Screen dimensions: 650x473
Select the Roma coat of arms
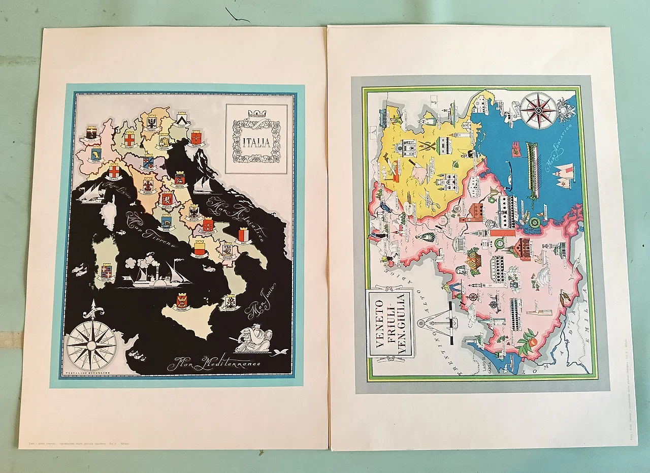pyautogui.click(x=166, y=222)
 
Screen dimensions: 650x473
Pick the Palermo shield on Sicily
pyautogui.click(x=182, y=301)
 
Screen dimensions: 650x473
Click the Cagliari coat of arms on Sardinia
pyautogui.click(x=107, y=270)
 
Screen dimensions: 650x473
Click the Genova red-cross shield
pyautogui.click(x=114, y=171)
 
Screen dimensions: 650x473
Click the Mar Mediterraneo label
pyautogui.click(x=214, y=363)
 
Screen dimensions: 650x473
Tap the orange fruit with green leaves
pyautogui.click(x=528, y=342)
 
